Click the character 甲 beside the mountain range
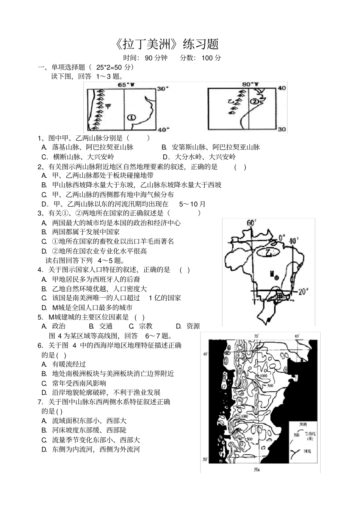(108, 106)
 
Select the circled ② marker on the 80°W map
(254, 101)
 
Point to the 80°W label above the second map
(250, 84)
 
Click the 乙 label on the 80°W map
(230, 101)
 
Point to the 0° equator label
(281, 237)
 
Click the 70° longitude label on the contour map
(256, 336)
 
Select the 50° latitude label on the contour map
(205, 460)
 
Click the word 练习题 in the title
(201, 44)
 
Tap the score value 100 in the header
(207, 58)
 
